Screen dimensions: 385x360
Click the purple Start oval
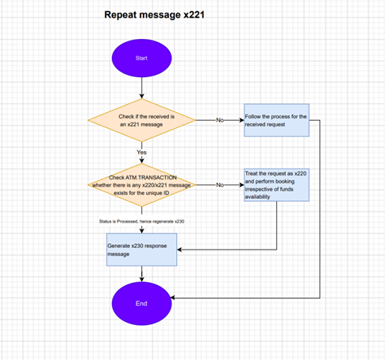(141, 58)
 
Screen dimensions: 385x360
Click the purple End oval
(141, 304)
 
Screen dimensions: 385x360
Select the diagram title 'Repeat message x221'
(155, 14)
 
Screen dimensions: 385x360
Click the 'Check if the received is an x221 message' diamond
(142, 120)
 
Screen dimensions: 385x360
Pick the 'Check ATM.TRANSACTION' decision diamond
(142, 185)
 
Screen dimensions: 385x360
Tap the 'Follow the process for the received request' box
(276, 120)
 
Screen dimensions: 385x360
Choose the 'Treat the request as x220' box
(276, 185)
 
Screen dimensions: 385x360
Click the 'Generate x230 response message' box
(141, 250)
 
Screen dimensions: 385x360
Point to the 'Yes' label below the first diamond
(141, 153)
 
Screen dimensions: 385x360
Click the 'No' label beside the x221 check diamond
(220, 120)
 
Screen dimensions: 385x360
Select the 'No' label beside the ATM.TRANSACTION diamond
(220, 185)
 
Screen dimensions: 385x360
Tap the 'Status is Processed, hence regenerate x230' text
(141, 222)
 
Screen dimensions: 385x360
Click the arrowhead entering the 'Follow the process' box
(241, 120)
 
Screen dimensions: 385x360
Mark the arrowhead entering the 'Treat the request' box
(241, 185)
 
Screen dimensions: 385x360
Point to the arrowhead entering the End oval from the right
(173, 298)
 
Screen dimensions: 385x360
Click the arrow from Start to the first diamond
(141, 88)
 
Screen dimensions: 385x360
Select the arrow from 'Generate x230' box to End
(141, 274)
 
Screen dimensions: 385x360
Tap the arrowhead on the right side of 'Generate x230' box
(179, 250)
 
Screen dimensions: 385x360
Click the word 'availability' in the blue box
(257, 197)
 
